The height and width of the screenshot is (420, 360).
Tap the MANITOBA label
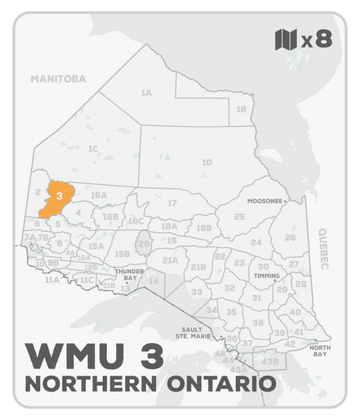[x=59, y=79]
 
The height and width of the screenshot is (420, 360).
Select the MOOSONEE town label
[x=265, y=202]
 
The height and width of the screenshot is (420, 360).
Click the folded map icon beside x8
[x=286, y=40]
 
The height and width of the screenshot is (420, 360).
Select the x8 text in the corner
[x=316, y=40]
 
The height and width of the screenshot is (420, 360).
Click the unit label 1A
[x=146, y=93]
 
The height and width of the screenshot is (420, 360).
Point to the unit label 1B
[x=241, y=109]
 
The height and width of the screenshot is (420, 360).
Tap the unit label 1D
[x=207, y=162]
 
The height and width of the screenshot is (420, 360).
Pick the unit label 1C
[x=92, y=148]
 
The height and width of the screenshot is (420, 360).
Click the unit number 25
[x=239, y=216]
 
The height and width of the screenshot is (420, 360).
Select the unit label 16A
[x=98, y=195]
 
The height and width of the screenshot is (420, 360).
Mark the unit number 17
[x=172, y=203]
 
